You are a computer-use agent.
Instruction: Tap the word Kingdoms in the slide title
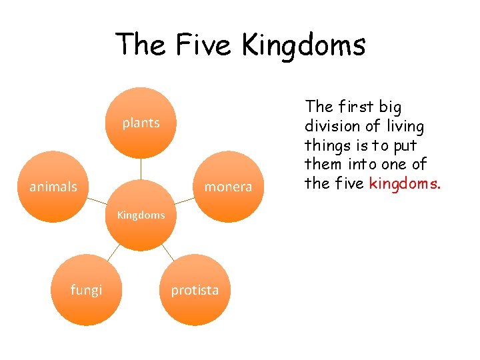pyautogui.click(x=303, y=45)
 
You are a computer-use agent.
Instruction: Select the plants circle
pyautogui.click(x=141, y=123)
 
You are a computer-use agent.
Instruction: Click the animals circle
pyautogui.click(x=53, y=187)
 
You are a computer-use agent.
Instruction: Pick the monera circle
pyautogui.click(x=228, y=187)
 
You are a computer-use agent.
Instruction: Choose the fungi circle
pyautogui.click(x=86, y=289)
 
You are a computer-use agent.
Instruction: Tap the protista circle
pyautogui.click(x=195, y=289)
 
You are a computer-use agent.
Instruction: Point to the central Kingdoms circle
pyautogui.click(x=141, y=215)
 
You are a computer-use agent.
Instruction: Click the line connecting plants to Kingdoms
pyautogui.click(x=141, y=169)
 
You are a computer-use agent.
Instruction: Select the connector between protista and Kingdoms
pyautogui.click(x=167, y=253)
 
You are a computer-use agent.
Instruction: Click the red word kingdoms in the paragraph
pyautogui.click(x=404, y=183)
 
